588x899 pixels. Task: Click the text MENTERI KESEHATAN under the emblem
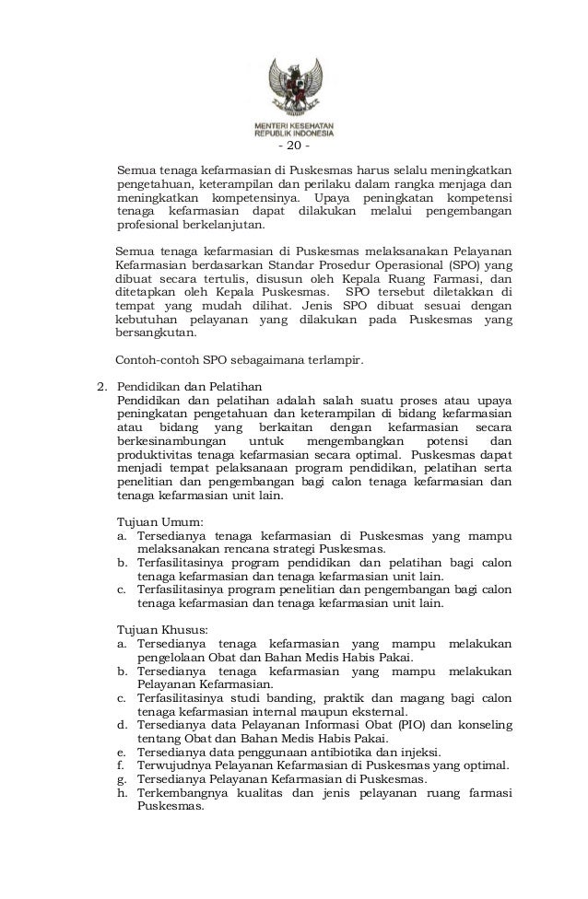(x=294, y=124)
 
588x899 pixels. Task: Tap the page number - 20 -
(x=294, y=147)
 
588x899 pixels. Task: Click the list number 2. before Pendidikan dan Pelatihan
(x=103, y=385)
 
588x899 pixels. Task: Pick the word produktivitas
(x=155, y=455)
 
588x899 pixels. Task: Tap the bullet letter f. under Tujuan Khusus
(x=121, y=765)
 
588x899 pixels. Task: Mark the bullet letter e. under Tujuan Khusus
(x=122, y=751)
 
